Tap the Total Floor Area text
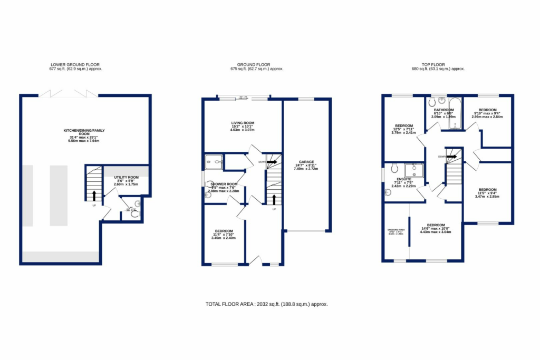pos(269,304)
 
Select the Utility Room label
pos(126,178)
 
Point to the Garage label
pos(307,162)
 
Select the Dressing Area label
pos(396,230)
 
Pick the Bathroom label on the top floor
pos(443,110)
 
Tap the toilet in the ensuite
pos(393,168)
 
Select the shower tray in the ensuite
pos(414,170)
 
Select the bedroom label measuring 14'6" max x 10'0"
pos(436,225)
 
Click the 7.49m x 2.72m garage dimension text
pos(307,170)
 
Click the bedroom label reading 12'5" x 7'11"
pos(403,125)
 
